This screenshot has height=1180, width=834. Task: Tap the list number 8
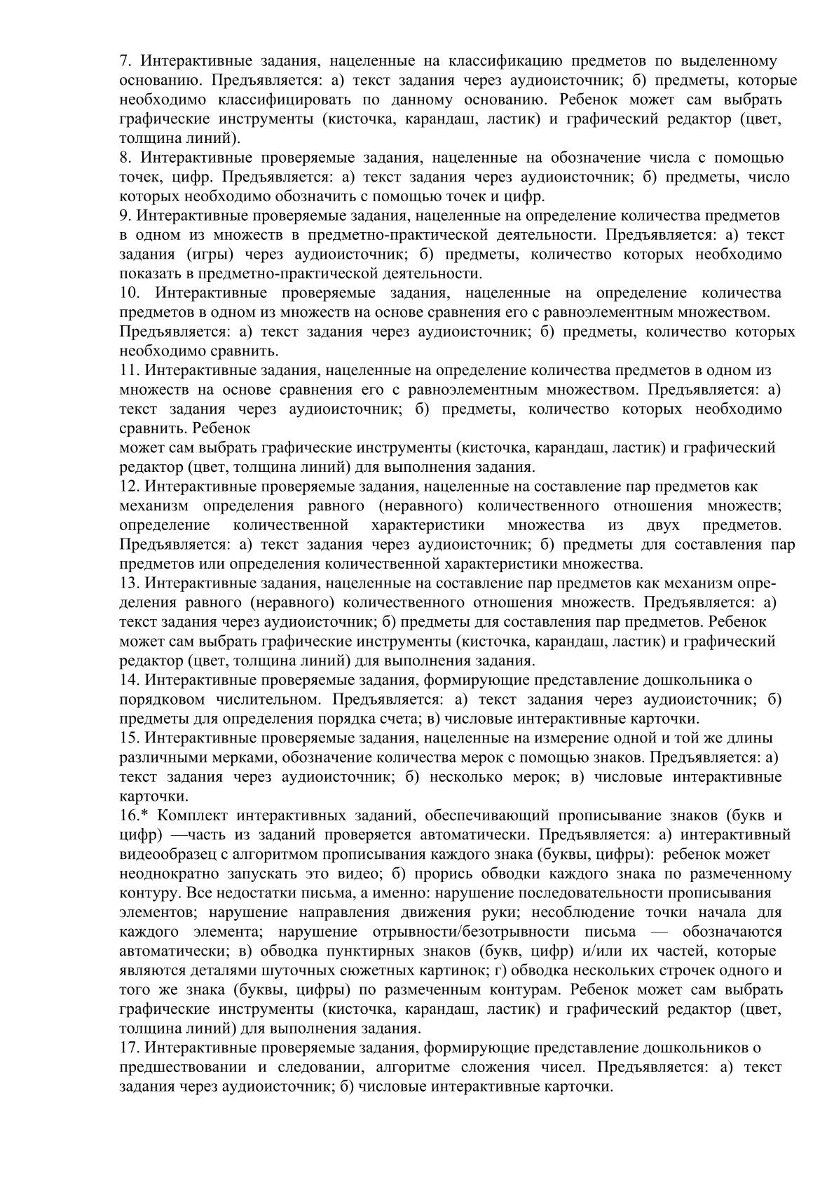coord(124,158)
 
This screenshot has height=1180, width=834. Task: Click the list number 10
coord(130,293)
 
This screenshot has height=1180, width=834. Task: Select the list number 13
coord(129,583)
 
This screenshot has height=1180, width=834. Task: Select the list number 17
coord(129,1048)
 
